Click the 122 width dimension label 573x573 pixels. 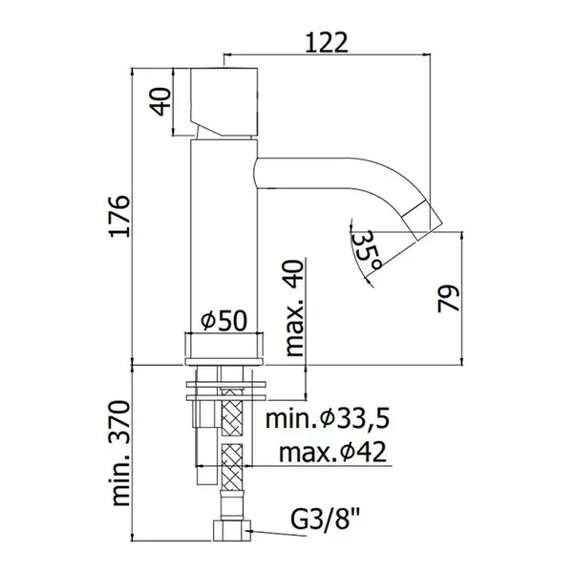pyautogui.click(x=327, y=43)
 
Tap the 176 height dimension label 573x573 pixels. pyautogui.click(x=120, y=217)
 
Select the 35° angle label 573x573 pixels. pyautogui.click(x=366, y=251)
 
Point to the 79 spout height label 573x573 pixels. pyautogui.click(x=449, y=299)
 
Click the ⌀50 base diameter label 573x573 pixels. pyautogui.click(x=223, y=321)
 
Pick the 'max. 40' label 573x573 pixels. pyautogui.click(x=294, y=308)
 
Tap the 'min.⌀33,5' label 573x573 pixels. pyautogui.click(x=328, y=419)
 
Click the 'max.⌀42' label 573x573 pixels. pyautogui.click(x=332, y=452)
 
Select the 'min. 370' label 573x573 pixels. pyautogui.click(x=120, y=454)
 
